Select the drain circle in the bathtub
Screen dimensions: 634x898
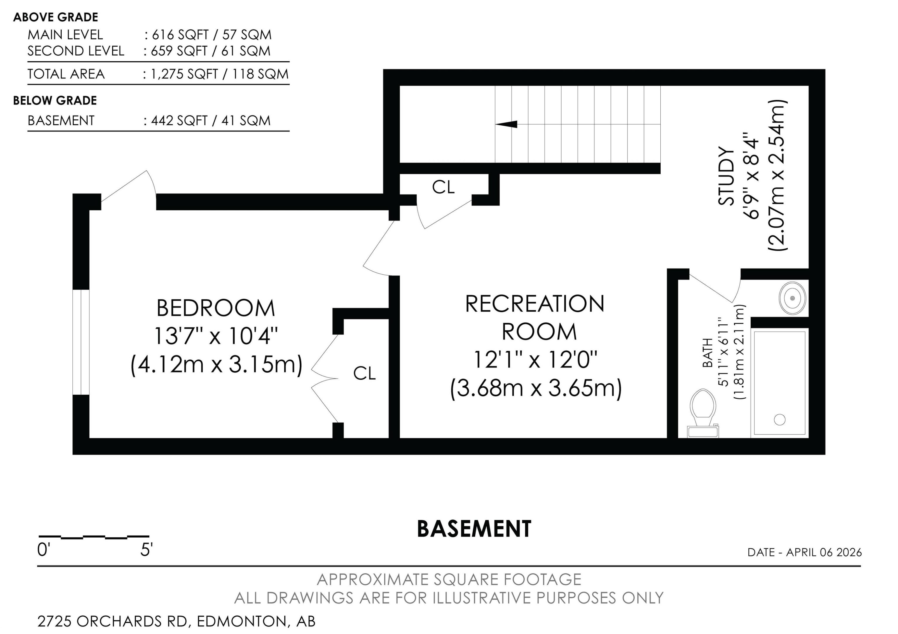click(779, 420)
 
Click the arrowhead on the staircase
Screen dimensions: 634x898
click(507, 124)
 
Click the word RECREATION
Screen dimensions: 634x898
click(534, 304)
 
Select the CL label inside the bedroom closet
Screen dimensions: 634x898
click(364, 373)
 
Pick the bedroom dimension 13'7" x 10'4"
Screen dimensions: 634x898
click(216, 336)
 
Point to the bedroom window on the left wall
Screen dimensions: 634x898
click(81, 342)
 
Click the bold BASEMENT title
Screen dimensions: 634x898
click(474, 529)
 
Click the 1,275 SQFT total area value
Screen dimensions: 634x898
click(184, 74)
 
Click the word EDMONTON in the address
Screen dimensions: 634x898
click(241, 621)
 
